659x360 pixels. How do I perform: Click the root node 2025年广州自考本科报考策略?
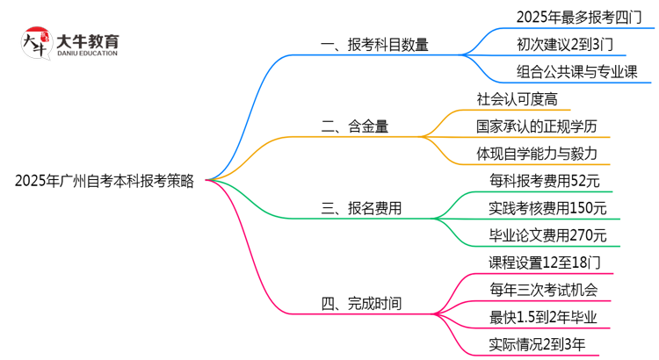(105, 181)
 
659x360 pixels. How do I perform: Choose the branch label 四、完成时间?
(362, 305)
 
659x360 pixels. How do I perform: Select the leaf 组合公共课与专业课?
(577, 71)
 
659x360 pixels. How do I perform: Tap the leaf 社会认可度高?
(518, 99)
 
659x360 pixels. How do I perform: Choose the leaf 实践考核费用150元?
(547, 208)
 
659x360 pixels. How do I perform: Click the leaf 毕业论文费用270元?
(547, 235)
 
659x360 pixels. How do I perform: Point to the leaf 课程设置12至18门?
(545, 263)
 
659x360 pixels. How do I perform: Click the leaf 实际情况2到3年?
(538, 344)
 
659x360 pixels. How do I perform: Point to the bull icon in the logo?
(35, 43)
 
